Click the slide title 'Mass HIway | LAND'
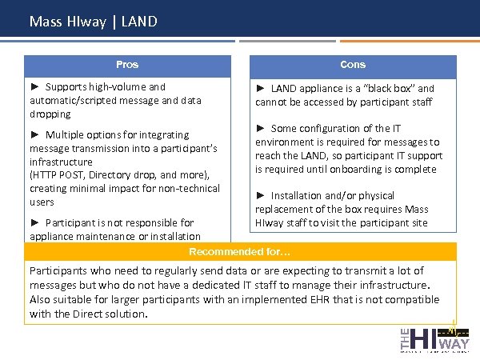click(x=93, y=22)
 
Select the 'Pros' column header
click(x=127, y=65)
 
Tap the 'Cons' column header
click(x=353, y=65)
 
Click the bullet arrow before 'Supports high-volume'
click(x=35, y=86)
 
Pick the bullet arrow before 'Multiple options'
click(x=35, y=134)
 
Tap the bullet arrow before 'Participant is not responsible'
click(x=35, y=222)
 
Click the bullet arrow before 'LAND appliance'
click(x=261, y=88)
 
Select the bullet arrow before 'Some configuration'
click(x=261, y=128)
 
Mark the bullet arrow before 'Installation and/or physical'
click(x=261, y=195)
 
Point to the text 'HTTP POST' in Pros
click(x=60, y=175)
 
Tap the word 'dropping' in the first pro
click(x=50, y=114)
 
